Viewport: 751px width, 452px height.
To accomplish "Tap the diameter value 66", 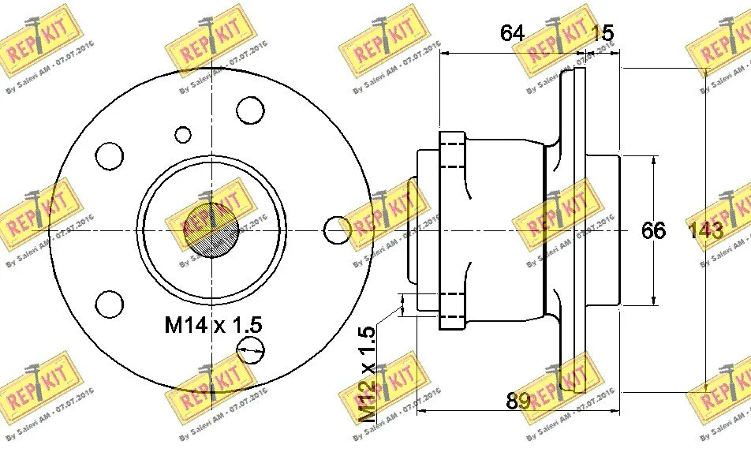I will [653, 230].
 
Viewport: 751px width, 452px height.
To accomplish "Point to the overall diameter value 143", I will [704, 230].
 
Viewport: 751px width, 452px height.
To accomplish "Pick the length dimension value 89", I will [517, 401].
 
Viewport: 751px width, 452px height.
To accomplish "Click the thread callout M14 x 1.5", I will [213, 323].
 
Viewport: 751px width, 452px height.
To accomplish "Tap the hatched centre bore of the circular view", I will [211, 230].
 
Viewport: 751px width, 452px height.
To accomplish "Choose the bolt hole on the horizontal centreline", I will [337, 230].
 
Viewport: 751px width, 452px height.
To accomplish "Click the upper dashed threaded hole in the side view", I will [452, 156].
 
